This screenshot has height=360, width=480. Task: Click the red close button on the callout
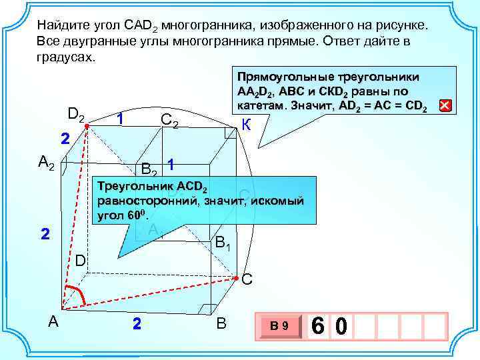click(x=445, y=105)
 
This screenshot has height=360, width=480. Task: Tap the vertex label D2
click(x=75, y=114)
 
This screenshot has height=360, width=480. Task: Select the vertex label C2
click(x=169, y=121)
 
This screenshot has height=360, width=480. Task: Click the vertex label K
click(x=246, y=124)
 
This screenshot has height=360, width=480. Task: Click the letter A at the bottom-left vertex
click(x=53, y=321)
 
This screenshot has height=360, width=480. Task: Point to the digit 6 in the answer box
click(x=319, y=326)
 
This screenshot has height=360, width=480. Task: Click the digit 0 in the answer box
click(x=341, y=326)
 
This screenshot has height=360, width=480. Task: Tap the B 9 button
click(x=279, y=326)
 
